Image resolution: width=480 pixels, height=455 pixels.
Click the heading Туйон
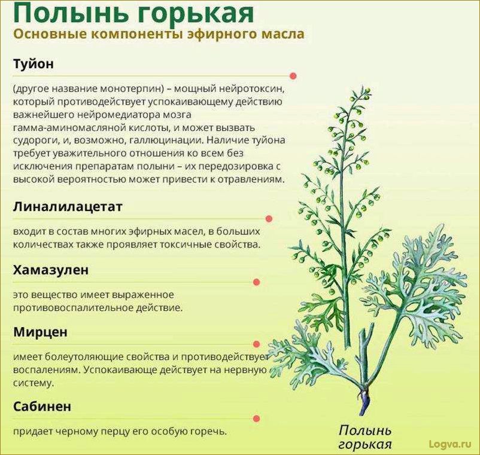pos(34,64)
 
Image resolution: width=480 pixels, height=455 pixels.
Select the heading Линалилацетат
pos(68,207)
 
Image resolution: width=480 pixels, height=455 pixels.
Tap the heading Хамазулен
pos(51,270)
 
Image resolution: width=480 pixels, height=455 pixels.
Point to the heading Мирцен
pos(40,332)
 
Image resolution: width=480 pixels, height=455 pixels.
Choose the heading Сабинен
pos(42,407)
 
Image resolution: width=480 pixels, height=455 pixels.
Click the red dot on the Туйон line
pos(293,76)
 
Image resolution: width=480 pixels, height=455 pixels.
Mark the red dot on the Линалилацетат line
pos(269,219)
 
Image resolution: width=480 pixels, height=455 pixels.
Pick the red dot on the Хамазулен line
pos(257,282)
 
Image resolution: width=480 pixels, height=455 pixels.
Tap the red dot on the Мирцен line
pos(257,344)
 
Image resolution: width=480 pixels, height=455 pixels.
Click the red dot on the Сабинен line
pos(257,419)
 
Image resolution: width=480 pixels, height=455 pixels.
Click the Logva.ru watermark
pos(450,444)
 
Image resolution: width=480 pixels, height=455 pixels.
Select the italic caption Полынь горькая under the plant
pos(365,437)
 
